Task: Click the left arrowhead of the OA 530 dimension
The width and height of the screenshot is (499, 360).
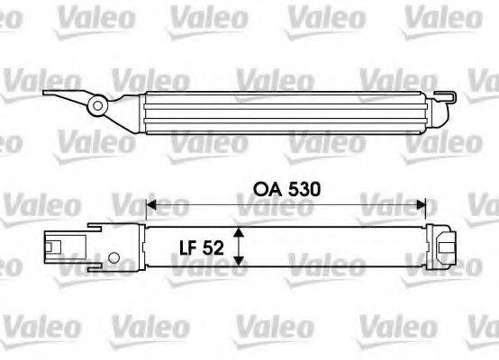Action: (x=150, y=206)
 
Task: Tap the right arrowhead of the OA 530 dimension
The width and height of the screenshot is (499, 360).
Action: (x=421, y=206)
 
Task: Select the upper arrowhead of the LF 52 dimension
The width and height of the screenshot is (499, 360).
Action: (x=239, y=231)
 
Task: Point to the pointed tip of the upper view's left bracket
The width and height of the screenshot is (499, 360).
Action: (x=41, y=92)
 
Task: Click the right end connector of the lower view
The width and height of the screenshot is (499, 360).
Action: (x=445, y=246)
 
